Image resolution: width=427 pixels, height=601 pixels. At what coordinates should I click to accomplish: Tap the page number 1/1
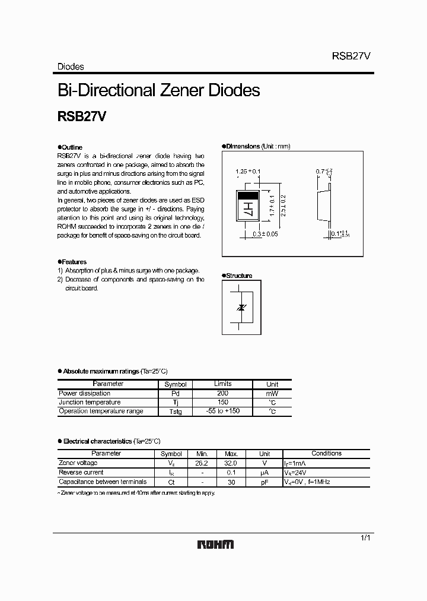pos(366,537)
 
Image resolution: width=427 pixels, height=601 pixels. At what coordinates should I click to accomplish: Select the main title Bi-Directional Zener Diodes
pos(158,90)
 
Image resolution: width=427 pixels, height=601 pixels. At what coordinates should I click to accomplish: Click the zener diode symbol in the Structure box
pos(241,307)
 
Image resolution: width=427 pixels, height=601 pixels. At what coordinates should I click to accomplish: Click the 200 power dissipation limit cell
pos(222,393)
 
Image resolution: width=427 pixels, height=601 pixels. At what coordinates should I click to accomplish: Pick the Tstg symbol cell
pos(175,411)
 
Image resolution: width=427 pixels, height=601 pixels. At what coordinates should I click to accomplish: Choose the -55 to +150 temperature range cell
pos(222,411)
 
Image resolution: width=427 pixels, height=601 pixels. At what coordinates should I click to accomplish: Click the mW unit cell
pos(272,393)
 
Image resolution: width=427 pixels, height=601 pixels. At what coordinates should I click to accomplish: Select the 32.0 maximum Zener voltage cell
pos(231,463)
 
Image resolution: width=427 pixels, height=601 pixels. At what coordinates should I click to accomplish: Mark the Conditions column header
pos(326,453)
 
